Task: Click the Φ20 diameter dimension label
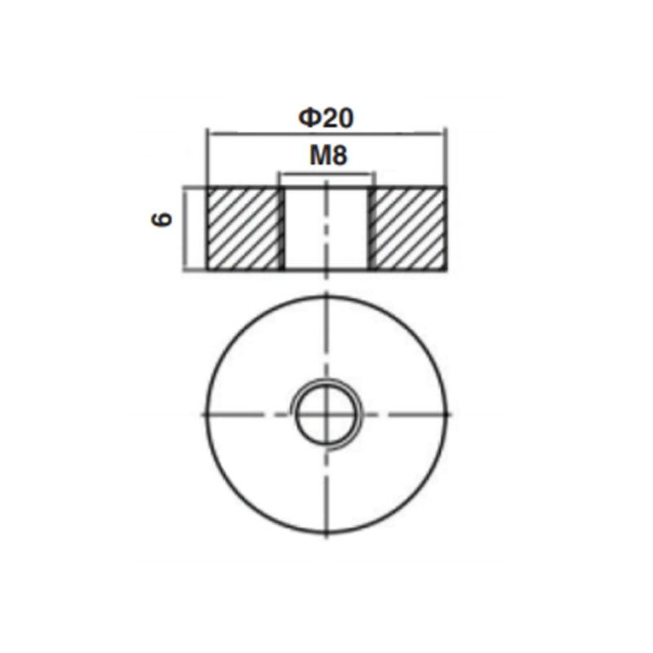pyautogui.click(x=326, y=118)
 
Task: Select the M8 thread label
pyautogui.click(x=329, y=156)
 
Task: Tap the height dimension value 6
pyautogui.click(x=162, y=219)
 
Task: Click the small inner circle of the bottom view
pyautogui.click(x=327, y=415)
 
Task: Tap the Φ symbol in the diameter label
pyautogui.click(x=309, y=118)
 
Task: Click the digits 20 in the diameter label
pyautogui.click(x=336, y=118)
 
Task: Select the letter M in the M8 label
pyautogui.click(x=320, y=156)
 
